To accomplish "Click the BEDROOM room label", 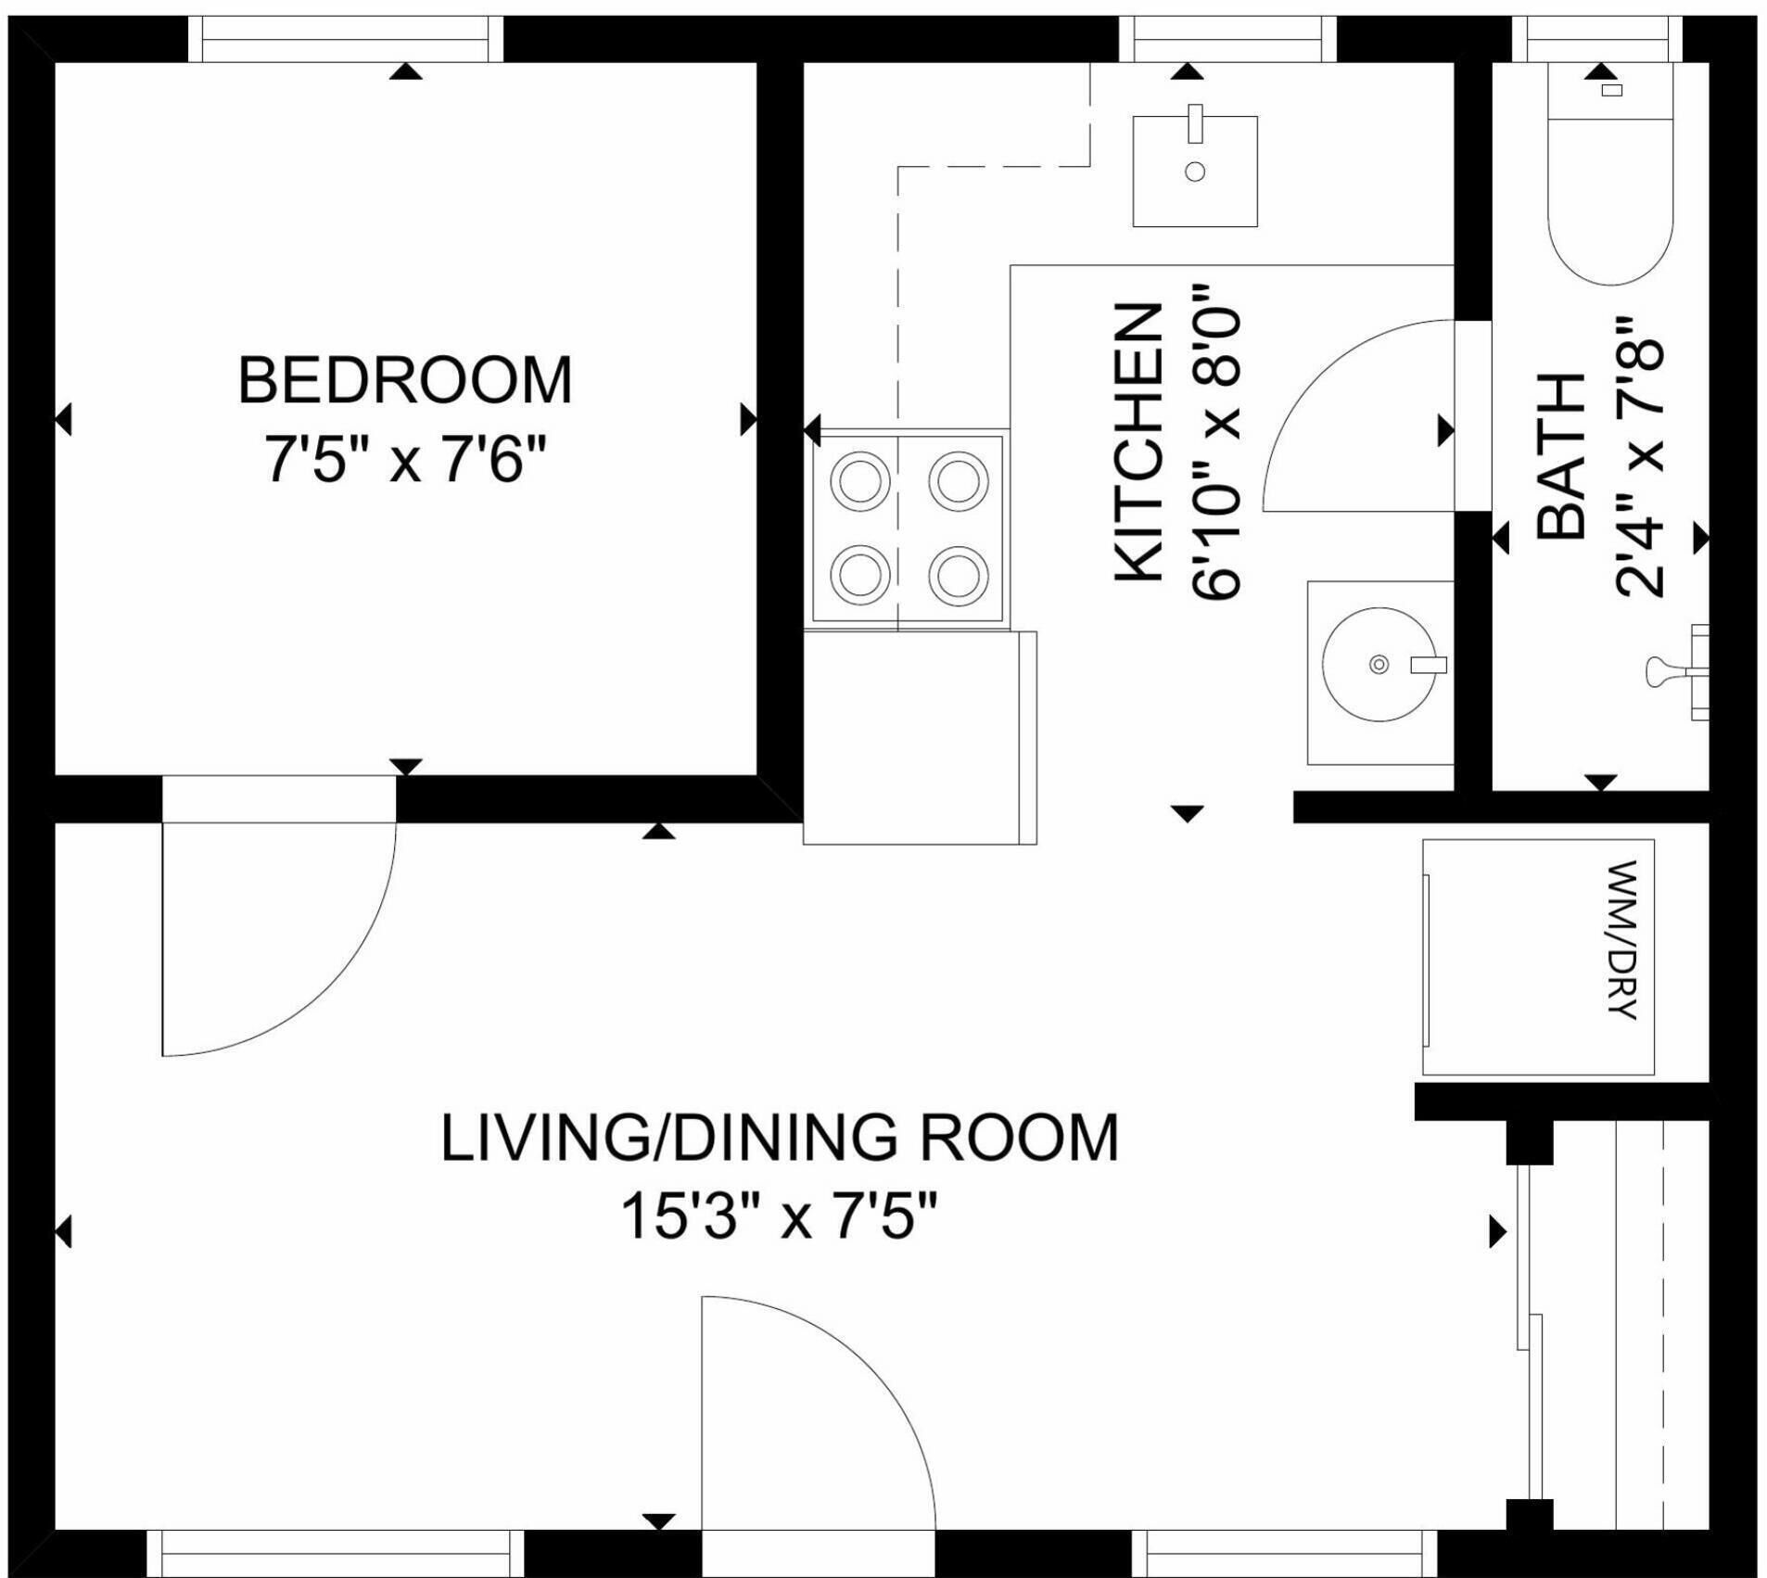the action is (405, 380).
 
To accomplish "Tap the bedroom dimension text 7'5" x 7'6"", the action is (405, 459).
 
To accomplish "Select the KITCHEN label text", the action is (1138, 443).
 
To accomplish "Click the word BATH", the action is (1561, 456).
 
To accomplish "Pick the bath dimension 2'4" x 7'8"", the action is (1639, 458).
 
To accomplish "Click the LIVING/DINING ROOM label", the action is (780, 1138).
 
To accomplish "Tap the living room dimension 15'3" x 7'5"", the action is (780, 1215).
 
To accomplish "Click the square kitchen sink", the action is (1195, 171).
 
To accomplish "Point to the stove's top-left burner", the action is (859, 481).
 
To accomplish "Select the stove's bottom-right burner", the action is (959, 575).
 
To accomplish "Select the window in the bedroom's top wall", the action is (346, 40).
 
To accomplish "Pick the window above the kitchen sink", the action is (1227, 40).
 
